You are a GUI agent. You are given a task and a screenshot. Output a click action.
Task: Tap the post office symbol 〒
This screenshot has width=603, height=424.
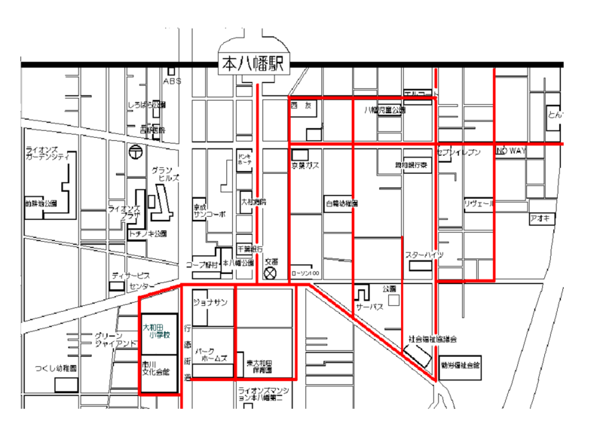134,151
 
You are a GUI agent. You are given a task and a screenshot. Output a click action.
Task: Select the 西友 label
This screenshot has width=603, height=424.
301,106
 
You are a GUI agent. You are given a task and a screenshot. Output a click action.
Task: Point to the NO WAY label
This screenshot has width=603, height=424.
510,151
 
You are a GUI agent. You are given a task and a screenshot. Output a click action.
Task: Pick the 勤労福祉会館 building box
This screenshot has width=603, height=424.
461,365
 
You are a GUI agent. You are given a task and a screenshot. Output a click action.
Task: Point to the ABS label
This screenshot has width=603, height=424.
172,80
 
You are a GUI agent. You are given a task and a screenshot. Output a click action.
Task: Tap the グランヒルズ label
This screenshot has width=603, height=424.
165,175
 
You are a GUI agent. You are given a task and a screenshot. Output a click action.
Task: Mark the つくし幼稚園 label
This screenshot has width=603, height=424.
56,368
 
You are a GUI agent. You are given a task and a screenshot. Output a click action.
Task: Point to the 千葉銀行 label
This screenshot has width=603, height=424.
249,248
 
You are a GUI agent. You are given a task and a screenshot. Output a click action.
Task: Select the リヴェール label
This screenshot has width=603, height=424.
478,203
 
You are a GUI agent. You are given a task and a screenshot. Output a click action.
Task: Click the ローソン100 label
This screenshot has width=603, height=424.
305,273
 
